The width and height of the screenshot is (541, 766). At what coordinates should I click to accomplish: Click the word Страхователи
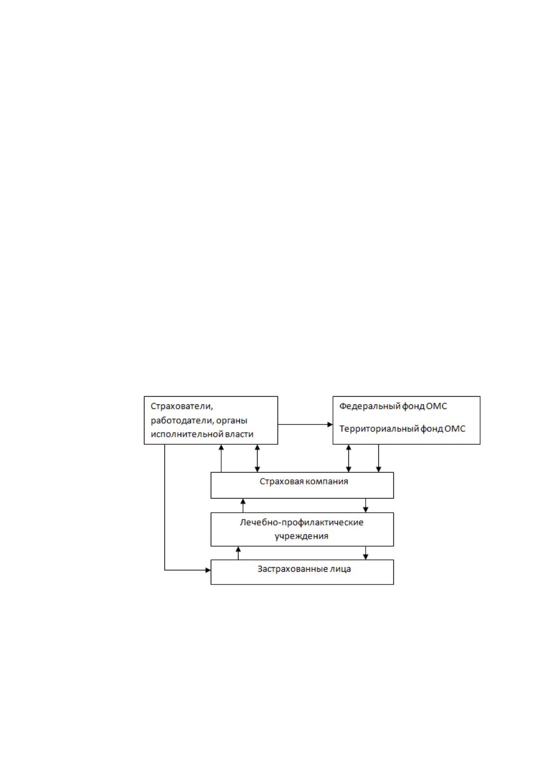tap(182, 407)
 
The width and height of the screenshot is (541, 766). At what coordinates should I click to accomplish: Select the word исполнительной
tap(187, 434)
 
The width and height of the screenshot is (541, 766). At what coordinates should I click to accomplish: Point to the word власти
tap(239, 434)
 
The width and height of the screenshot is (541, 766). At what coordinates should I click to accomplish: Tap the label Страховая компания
tap(303, 482)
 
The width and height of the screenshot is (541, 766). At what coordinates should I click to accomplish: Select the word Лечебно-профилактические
tap(302, 523)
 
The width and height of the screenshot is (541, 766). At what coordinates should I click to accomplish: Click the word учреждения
tap(301, 536)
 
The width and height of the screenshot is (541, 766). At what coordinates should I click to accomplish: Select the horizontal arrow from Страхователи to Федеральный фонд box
tap(305, 424)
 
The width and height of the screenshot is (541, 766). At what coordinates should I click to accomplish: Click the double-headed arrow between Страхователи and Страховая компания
tap(258, 458)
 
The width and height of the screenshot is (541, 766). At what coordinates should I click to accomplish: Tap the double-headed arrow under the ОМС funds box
tap(349, 458)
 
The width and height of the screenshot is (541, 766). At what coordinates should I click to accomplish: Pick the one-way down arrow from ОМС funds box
tap(378, 458)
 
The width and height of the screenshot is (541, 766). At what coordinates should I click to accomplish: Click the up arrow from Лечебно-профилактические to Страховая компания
tap(243, 505)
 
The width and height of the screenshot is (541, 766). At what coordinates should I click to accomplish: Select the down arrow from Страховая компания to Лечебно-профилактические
tap(366, 505)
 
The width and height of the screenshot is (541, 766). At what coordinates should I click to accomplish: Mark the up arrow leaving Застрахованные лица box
tap(238, 553)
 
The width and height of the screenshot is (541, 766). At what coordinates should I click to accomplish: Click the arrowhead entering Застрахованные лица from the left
tap(208, 570)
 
